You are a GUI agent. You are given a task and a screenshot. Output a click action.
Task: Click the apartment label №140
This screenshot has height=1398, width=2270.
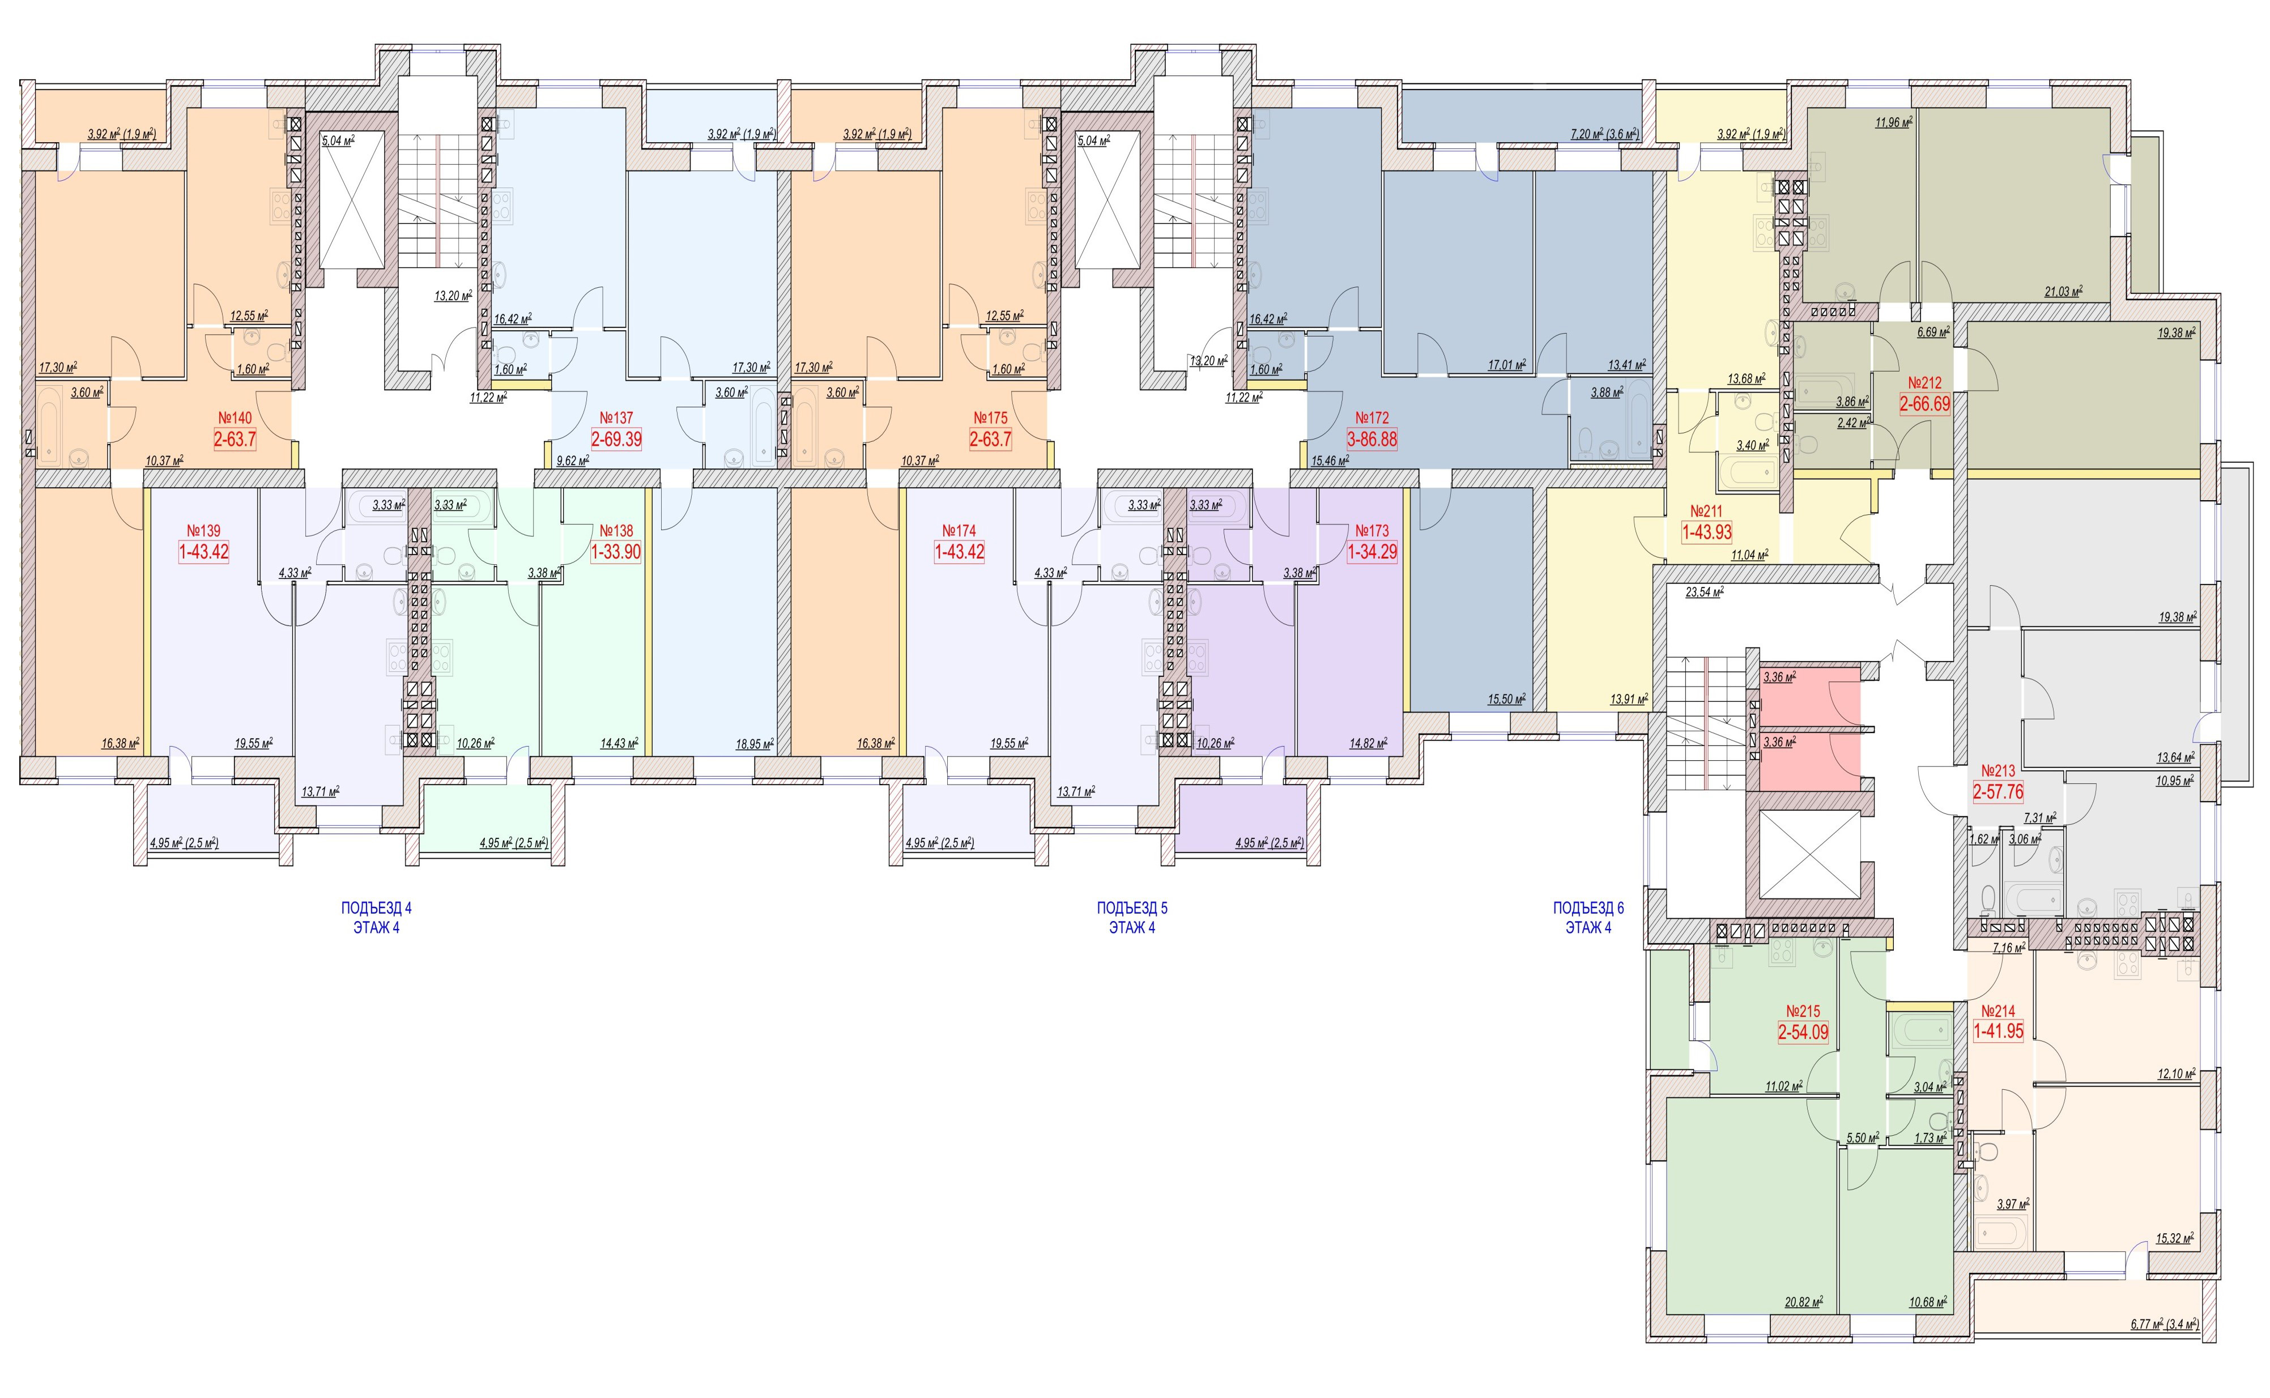pyautogui.click(x=235, y=418)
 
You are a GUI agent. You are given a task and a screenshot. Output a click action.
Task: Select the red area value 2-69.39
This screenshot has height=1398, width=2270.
pyautogui.click(x=617, y=439)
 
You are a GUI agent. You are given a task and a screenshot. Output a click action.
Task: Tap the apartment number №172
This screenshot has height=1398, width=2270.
pyautogui.click(x=1372, y=418)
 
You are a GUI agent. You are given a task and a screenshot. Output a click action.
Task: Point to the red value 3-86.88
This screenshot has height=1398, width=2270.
pyautogui.click(x=1372, y=439)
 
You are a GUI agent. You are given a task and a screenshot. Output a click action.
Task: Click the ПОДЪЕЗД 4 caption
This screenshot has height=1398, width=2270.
pyautogui.click(x=376, y=908)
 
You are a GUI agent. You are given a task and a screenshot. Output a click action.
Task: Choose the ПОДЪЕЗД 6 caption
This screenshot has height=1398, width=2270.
pyautogui.click(x=1588, y=908)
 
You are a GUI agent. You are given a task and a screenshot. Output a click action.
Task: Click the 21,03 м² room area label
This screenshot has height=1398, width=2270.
pyautogui.click(x=2063, y=291)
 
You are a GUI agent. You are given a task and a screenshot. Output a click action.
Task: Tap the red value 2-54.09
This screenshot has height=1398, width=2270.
pyautogui.click(x=1803, y=1032)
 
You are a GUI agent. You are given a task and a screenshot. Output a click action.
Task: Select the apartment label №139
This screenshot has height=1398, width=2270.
pyautogui.click(x=203, y=531)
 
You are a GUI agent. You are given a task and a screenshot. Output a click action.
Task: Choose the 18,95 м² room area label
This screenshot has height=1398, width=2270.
pyautogui.click(x=755, y=743)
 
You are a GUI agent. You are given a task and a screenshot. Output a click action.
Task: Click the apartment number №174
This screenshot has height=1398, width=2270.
pyautogui.click(x=960, y=531)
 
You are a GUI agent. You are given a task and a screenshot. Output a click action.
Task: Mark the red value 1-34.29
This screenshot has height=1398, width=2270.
pyautogui.click(x=1372, y=552)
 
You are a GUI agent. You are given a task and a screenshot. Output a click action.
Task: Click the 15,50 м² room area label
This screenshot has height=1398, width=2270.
pyautogui.click(x=1505, y=700)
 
